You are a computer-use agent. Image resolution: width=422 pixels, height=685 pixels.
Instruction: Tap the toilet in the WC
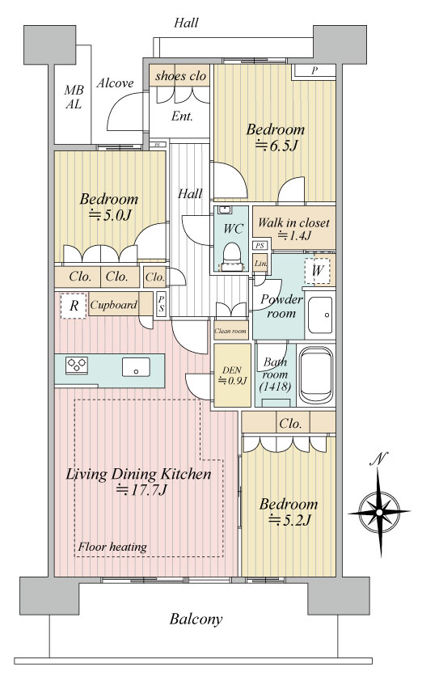[232, 258]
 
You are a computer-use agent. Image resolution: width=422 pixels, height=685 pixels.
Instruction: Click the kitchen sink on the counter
[136, 366]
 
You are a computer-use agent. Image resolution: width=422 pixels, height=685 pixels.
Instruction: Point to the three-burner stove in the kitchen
[77, 366]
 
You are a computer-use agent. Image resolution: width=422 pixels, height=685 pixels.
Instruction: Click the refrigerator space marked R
[74, 306]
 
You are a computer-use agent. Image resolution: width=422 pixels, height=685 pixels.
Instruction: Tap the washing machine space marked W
[317, 271]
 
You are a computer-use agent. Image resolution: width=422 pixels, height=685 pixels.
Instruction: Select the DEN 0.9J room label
[232, 375]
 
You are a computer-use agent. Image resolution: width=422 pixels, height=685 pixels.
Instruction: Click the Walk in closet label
[293, 222]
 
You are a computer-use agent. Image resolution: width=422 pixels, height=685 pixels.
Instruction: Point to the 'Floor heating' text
[112, 547]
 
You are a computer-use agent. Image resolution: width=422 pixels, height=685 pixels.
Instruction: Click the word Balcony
[196, 619]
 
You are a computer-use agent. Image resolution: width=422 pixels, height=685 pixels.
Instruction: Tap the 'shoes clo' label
[180, 76]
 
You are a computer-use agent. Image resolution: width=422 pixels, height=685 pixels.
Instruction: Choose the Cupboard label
[113, 305]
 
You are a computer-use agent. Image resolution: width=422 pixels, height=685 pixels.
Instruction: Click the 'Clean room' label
[230, 331]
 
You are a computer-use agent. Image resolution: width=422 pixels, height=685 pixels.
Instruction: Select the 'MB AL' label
[73, 97]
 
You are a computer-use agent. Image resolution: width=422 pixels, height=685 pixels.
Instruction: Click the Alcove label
[115, 83]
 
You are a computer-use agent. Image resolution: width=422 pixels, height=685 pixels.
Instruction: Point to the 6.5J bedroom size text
[276, 145]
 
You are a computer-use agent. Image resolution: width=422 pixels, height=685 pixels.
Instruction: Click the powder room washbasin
[320, 315]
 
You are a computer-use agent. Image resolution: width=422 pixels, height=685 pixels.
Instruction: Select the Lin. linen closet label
[261, 264]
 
